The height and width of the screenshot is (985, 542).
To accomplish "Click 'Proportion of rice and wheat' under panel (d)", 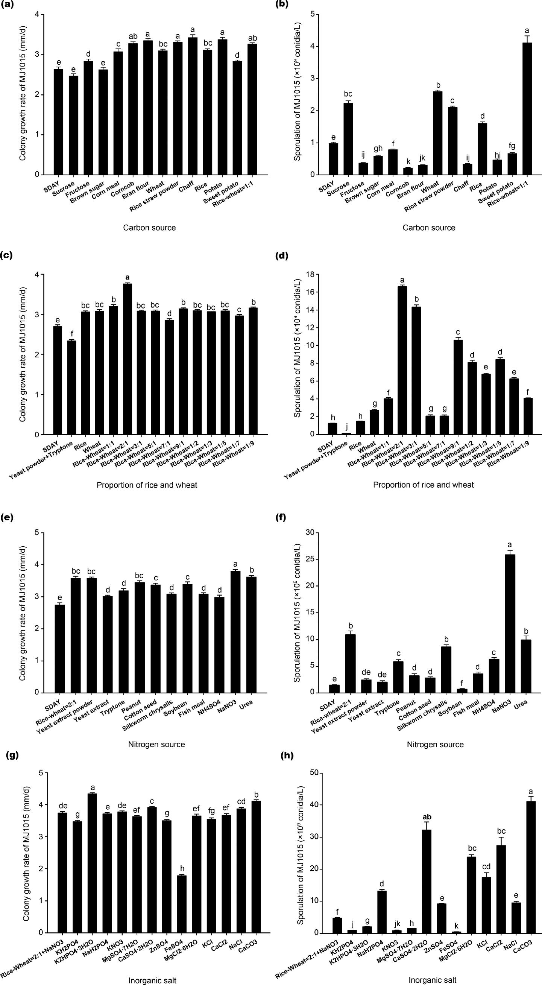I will pyautogui.click(x=423, y=485).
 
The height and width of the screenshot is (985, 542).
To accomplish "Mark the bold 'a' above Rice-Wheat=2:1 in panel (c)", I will pyautogui.click(x=127, y=277).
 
